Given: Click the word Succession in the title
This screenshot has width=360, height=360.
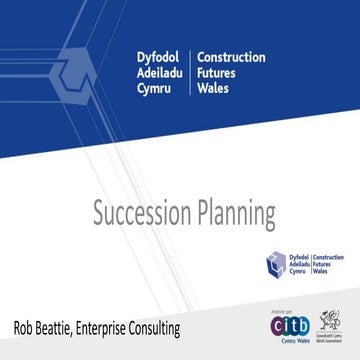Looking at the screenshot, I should [x=139, y=213].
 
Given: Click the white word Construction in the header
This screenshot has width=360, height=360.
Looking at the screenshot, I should [x=231, y=57].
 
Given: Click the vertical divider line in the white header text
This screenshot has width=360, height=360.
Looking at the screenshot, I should [x=190, y=73].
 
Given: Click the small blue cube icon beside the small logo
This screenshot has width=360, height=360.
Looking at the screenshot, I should [x=276, y=265].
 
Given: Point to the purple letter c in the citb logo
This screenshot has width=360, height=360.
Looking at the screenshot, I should [x=277, y=325].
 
